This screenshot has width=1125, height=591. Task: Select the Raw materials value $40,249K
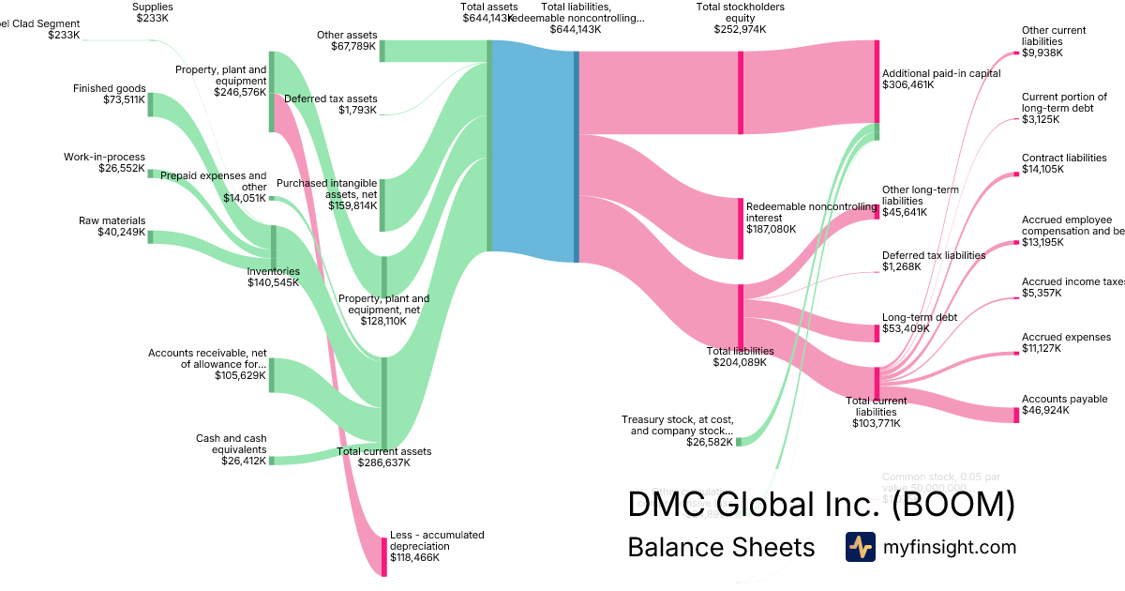(x=122, y=233)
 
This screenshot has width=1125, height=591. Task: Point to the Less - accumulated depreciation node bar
(x=383, y=556)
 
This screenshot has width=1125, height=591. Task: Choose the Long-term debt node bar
(x=877, y=333)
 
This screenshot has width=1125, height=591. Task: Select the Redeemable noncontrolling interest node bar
(x=741, y=228)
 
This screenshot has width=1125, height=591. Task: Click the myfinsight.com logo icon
(x=860, y=547)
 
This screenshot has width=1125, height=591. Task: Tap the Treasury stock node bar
(x=739, y=441)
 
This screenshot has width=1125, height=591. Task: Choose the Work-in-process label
(x=104, y=157)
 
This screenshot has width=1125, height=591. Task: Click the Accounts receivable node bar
(x=272, y=374)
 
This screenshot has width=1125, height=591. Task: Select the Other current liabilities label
(x=1054, y=36)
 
